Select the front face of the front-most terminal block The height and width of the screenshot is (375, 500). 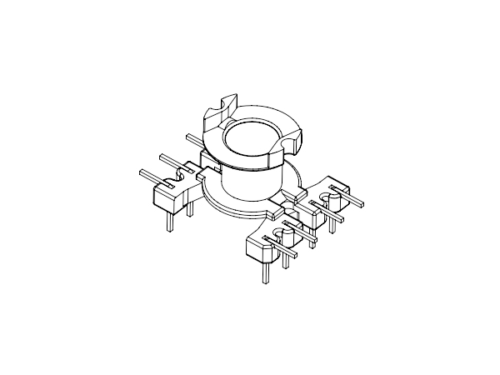[x=253, y=250]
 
